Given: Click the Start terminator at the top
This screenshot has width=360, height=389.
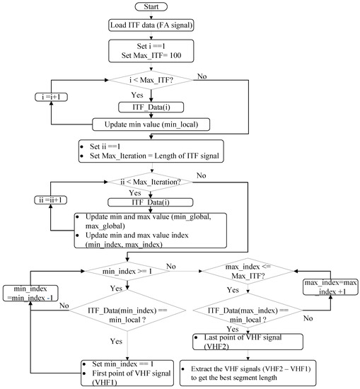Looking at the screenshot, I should click(x=149, y=8).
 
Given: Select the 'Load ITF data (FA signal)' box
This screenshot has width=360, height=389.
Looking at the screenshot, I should click(x=149, y=28).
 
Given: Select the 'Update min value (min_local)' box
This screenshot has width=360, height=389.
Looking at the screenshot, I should click(x=149, y=124).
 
